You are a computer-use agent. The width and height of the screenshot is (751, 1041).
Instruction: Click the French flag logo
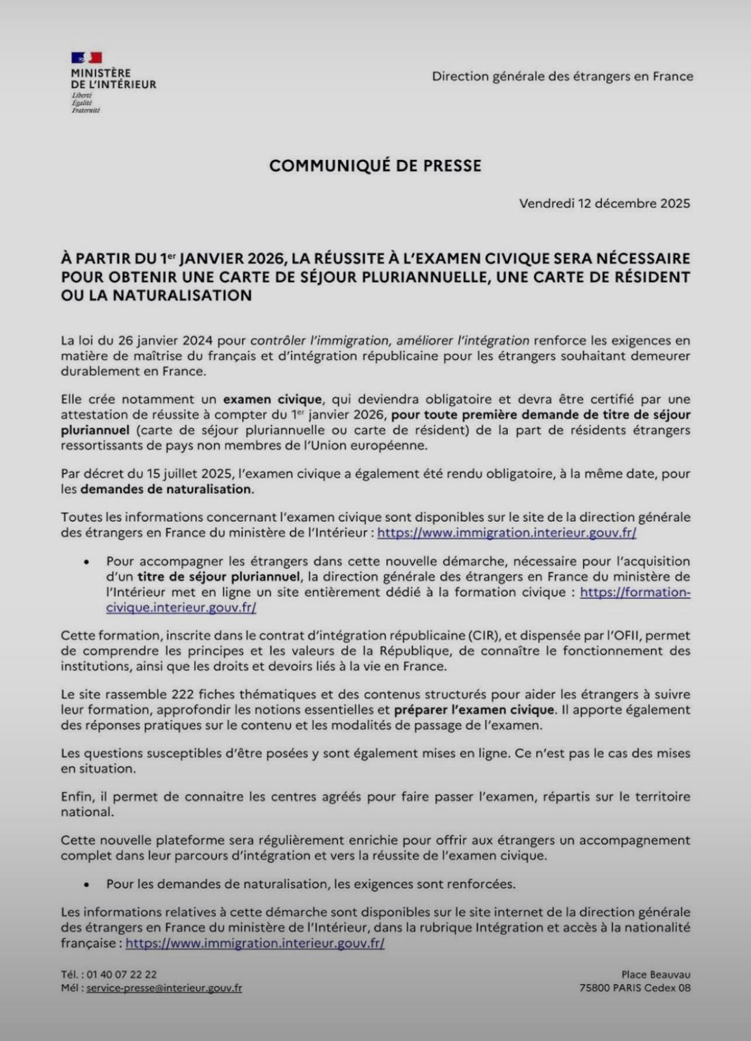[86, 59]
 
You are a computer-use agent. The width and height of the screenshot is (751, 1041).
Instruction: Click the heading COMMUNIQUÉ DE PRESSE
[375, 166]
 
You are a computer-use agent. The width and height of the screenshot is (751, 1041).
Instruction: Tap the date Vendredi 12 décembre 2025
[604, 204]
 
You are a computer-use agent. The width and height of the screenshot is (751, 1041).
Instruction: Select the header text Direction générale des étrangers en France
[562, 76]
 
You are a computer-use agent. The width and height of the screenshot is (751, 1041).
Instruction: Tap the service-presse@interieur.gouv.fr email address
[164, 988]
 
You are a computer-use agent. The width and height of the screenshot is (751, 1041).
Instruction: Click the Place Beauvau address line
[655, 974]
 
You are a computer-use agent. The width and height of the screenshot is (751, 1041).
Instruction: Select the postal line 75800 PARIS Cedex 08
[635, 988]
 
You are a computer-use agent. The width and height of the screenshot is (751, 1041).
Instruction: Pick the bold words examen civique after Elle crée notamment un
[272, 399]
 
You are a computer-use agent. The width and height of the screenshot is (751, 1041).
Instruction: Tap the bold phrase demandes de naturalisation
[166, 489]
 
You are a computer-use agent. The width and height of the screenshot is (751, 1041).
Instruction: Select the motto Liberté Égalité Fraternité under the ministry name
[85, 103]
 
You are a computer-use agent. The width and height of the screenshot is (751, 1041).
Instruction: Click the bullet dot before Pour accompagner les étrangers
[86, 561]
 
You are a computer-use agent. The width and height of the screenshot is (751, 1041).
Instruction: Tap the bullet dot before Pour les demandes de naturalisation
[86, 885]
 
